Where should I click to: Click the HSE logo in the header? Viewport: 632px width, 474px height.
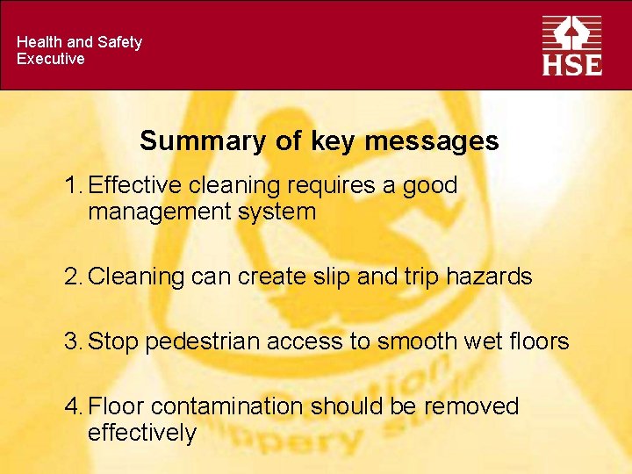(571, 45)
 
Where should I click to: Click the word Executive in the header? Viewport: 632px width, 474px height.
(51, 59)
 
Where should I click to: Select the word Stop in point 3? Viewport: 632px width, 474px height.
(114, 341)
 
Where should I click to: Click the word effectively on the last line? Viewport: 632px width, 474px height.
(142, 433)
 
